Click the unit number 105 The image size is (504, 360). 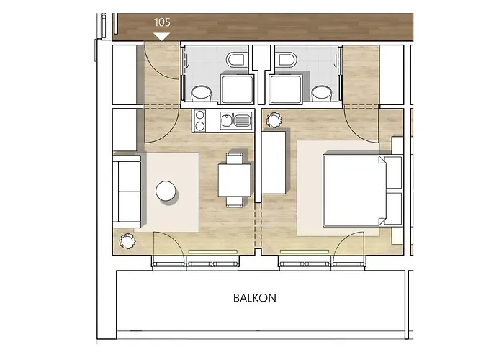[x=162, y=22]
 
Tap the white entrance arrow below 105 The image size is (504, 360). [x=162, y=37]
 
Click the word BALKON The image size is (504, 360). [x=255, y=298]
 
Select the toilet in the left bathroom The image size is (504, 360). [x=235, y=60]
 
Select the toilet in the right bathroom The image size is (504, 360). [x=287, y=60]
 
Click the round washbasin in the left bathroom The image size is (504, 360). [x=201, y=94]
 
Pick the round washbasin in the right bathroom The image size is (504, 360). [x=321, y=94]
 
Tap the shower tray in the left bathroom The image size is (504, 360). [x=237, y=89]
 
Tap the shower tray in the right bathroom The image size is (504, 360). [x=285, y=89]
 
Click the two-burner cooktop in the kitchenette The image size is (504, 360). [x=200, y=120]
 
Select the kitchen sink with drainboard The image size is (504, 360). [x=235, y=121]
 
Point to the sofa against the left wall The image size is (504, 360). [x=127, y=191]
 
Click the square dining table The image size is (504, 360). [x=235, y=180]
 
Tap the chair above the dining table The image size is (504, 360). [x=235, y=159]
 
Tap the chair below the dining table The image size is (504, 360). [x=235, y=201]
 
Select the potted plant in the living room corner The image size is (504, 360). [x=127, y=240]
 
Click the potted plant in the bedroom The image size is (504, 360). [x=274, y=120]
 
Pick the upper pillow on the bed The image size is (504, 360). [x=393, y=173]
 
